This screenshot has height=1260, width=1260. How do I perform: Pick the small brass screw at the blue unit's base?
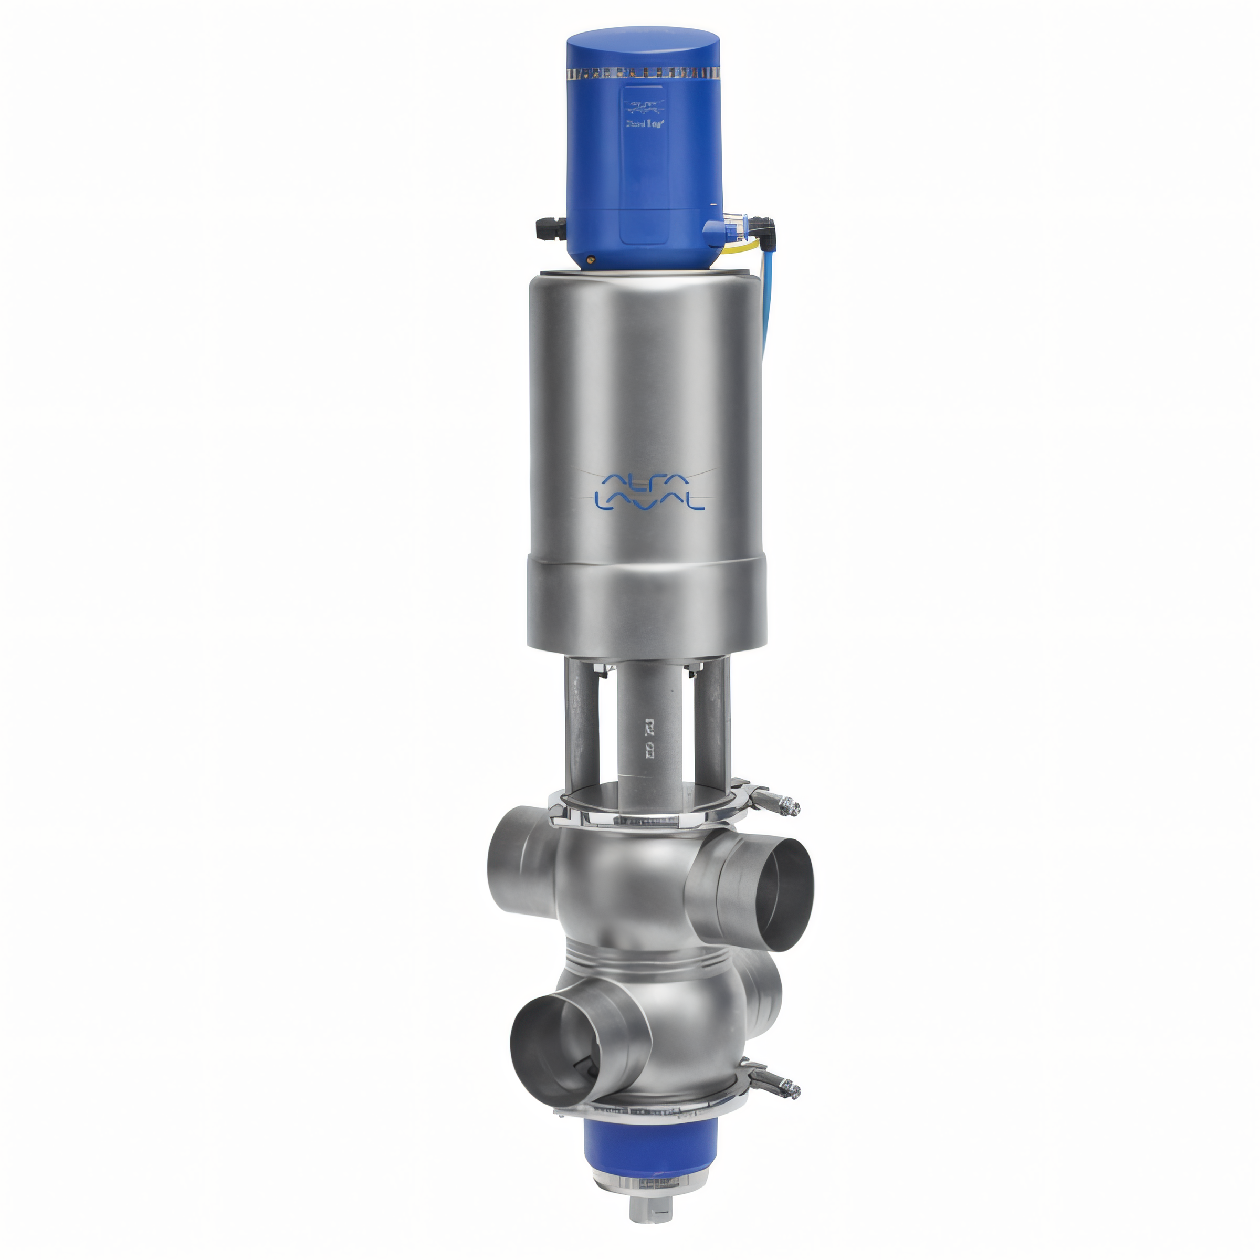(591, 259)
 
